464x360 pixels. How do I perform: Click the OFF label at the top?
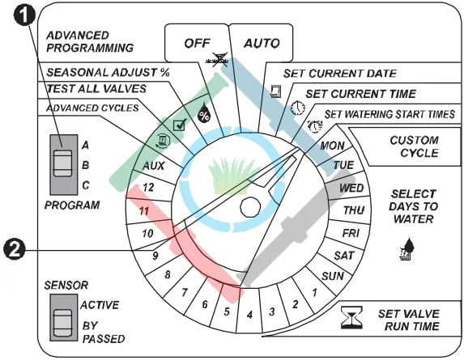click(x=197, y=44)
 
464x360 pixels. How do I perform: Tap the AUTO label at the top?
click(x=262, y=44)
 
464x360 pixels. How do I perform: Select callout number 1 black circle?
click(x=25, y=15)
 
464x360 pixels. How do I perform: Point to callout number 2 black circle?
click(x=15, y=250)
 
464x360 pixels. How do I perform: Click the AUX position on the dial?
click(x=153, y=166)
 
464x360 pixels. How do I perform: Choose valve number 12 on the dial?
click(x=148, y=187)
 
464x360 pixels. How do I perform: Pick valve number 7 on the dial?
click(x=185, y=293)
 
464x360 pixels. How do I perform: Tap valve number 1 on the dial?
click(x=314, y=293)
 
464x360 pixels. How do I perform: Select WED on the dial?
click(x=351, y=188)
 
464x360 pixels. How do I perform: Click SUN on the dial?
click(x=333, y=277)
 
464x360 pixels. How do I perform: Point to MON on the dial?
click(x=332, y=146)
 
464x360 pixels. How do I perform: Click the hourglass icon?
click(x=351, y=318)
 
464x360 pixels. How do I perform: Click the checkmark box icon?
click(x=180, y=125)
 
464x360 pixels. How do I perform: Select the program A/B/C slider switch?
click(x=62, y=163)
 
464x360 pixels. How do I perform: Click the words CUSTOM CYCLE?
click(x=415, y=146)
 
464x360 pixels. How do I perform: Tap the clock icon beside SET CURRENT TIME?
click(x=298, y=108)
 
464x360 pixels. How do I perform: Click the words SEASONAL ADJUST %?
click(x=108, y=73)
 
